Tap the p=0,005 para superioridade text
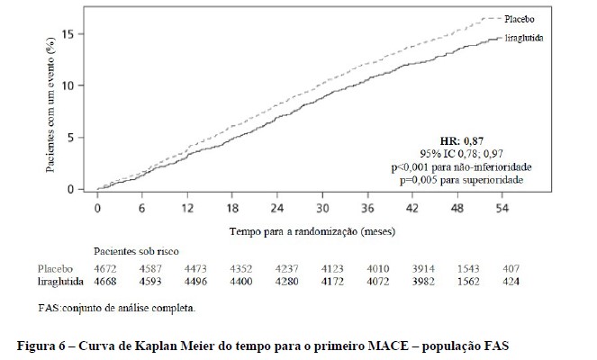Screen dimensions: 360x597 [462, 180]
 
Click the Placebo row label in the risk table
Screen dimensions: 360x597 [55, 268]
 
